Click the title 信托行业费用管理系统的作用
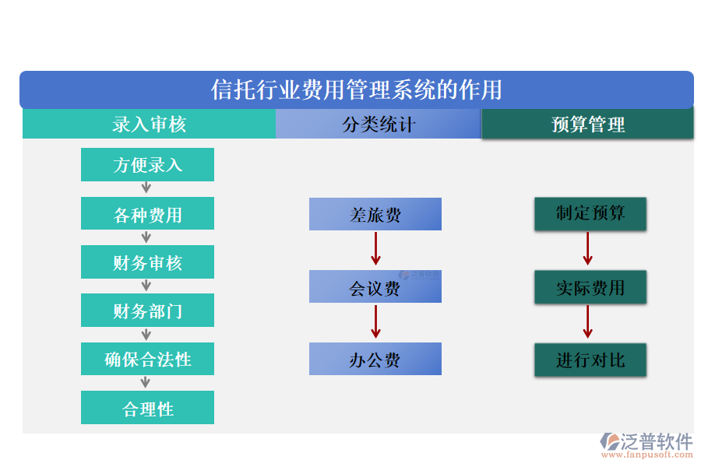(357, 90)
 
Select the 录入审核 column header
(149, 125)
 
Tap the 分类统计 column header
(379, 125)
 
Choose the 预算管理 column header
(588, 125)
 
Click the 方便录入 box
(147, 165)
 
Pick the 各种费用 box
(147, 214)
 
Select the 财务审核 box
(147, 262)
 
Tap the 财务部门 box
(147, 311)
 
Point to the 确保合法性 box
(147, 359)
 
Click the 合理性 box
(147, 408)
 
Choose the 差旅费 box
(375, 214)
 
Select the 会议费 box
(375, 287)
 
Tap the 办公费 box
(375, 359)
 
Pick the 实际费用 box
(590, 287)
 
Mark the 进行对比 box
(590, 360)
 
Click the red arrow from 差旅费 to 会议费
(375, 249)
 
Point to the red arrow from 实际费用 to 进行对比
(588, 322)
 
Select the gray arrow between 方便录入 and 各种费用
(146, 188)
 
